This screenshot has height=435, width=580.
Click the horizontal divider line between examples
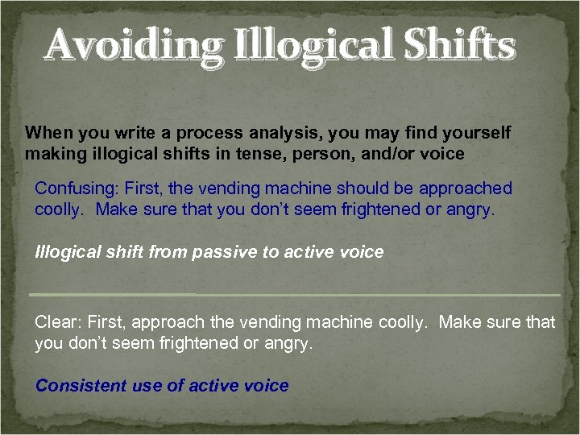pos(294,295)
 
